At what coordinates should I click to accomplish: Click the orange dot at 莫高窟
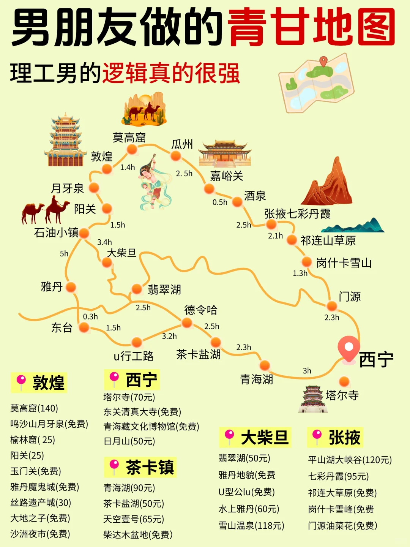[132, 149]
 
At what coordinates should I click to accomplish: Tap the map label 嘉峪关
[226, 176]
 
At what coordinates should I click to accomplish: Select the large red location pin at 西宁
[348, 349]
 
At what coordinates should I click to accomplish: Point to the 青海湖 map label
[257, 379]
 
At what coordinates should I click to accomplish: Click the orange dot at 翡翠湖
[137, 289]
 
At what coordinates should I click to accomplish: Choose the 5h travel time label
[64, 254]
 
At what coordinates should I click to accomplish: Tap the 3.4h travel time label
[104, 242]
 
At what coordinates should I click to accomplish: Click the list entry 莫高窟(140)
[34, 408]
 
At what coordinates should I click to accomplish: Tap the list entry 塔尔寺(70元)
[129, 397]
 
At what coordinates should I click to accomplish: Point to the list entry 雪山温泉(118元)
[251, 526]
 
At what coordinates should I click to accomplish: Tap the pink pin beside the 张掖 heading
[317, 436]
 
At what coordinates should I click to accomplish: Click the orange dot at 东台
[84, 327]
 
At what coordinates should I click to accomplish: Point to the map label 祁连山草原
[328, 240]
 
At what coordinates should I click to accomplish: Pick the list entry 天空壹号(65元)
[134, 519]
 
